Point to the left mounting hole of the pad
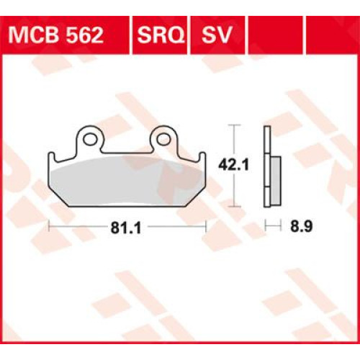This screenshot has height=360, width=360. (x=90, y=136)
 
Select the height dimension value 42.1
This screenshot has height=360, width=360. (x=235, y=164)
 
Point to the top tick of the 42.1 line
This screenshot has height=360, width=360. (x=233, y=126)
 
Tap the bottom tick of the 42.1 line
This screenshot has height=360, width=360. (x=233, y=204)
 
